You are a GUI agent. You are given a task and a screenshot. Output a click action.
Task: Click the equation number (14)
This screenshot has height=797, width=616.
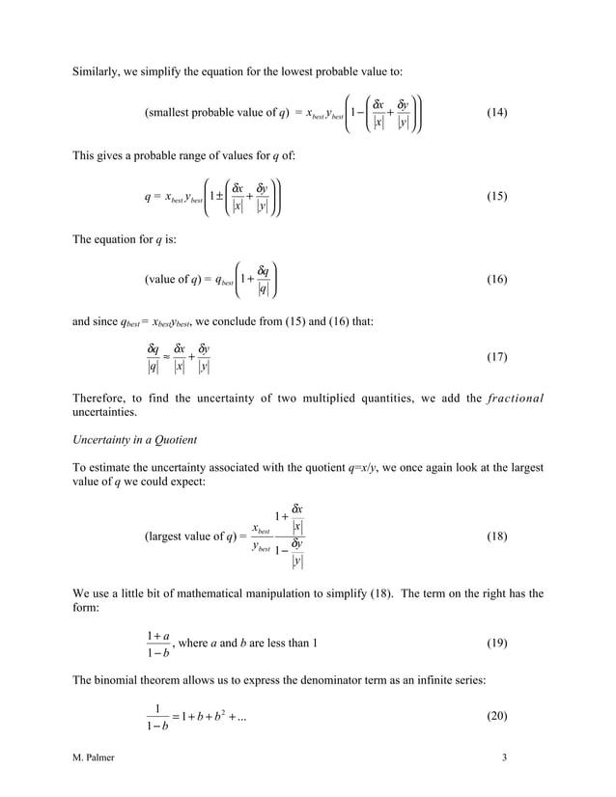click(x=496, y=113)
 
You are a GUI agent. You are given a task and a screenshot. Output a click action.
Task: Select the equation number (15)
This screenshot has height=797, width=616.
click(x=496, y=196)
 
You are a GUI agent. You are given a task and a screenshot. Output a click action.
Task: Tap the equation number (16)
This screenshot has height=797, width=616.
click(x=496, y=279)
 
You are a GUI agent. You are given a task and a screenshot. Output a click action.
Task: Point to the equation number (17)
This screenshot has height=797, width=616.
click(x=496, y=357)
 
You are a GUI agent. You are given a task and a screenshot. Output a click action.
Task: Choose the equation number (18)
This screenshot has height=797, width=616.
click(x=496, y=536)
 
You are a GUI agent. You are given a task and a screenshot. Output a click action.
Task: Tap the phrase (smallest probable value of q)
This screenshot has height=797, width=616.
click(x=214, y=113)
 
